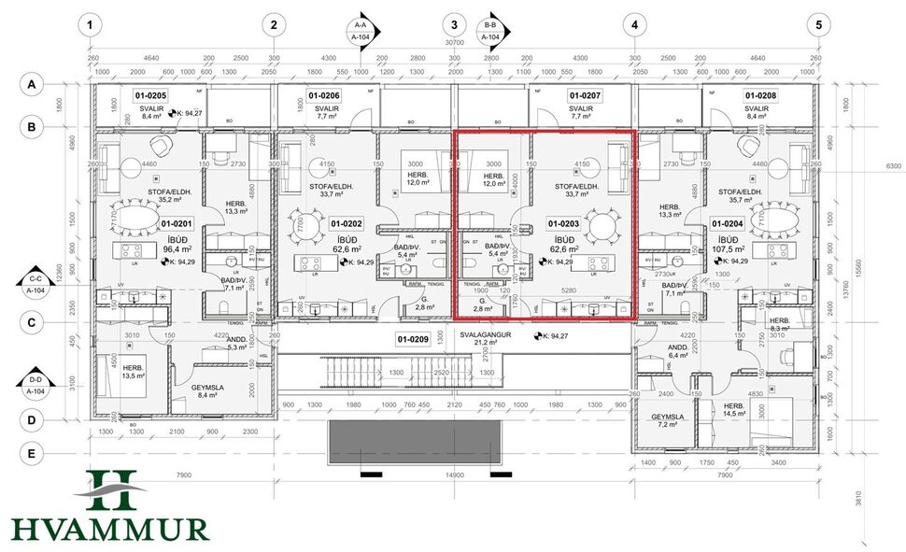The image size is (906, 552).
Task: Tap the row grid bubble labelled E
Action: tap(31, 454)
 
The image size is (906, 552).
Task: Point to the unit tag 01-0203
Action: tap(564, 224)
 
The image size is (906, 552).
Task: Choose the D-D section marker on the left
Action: tap(36, 385)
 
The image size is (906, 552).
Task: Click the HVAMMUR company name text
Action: tap(110, 530)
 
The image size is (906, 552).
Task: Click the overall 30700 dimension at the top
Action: tap(454, 43)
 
